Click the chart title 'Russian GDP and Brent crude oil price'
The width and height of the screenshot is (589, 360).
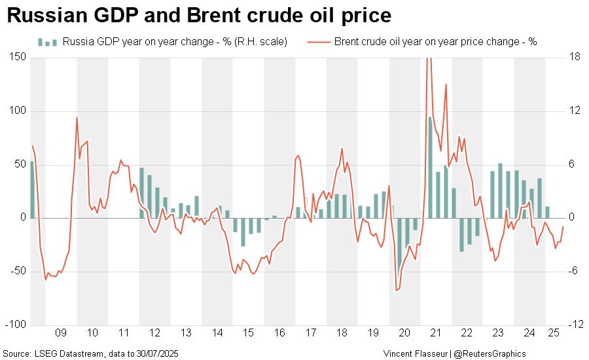[199, 15]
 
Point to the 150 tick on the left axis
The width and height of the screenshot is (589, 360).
[18, 58]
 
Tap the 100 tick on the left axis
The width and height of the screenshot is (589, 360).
[18, 111]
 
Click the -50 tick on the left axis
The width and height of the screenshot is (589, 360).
[18, 271]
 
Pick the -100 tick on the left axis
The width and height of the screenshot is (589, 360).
[16, 325]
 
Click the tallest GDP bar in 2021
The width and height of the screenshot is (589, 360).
[430, 167]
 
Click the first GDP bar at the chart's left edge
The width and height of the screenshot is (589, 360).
[32, 190]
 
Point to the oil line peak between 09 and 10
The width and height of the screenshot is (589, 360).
[77, 118]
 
